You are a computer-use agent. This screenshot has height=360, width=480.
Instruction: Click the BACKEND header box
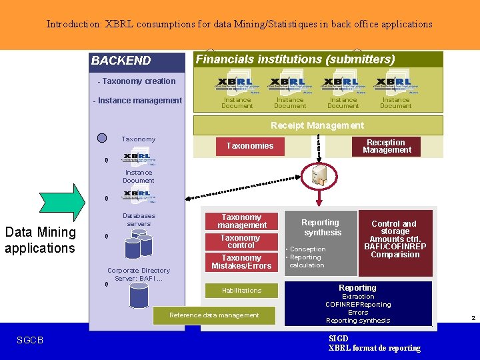tap(137, 61)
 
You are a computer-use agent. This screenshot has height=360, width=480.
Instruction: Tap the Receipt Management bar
tap(317, 125)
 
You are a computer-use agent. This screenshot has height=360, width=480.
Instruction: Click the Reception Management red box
tap(386, 146)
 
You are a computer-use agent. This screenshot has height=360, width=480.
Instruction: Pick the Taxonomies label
tap(250, 146)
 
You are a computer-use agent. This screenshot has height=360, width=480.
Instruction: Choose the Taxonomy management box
tap(241, 221)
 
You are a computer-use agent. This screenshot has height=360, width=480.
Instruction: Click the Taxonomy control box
tap(241, 241)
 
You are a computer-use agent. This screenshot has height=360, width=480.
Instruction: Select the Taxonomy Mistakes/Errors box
tap(241, 262)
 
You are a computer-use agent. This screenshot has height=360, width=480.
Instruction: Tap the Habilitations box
tap(241, 291)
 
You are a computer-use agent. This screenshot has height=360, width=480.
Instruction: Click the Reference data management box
tap(214, 315)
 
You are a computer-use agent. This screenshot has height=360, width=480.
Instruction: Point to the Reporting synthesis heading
tap(321, 227)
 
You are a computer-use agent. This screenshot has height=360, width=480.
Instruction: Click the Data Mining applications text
tap(40, 240)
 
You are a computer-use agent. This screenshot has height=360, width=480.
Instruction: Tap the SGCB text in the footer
tap(30, 341)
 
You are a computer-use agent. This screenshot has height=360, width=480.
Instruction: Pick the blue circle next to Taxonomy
tap(102, 139)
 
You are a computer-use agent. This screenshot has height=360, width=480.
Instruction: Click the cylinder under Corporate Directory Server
tap(138, 295)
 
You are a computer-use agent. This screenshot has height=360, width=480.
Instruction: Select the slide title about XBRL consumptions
tap(239, 24)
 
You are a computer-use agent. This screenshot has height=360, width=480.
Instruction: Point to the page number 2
tap(473, 318)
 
